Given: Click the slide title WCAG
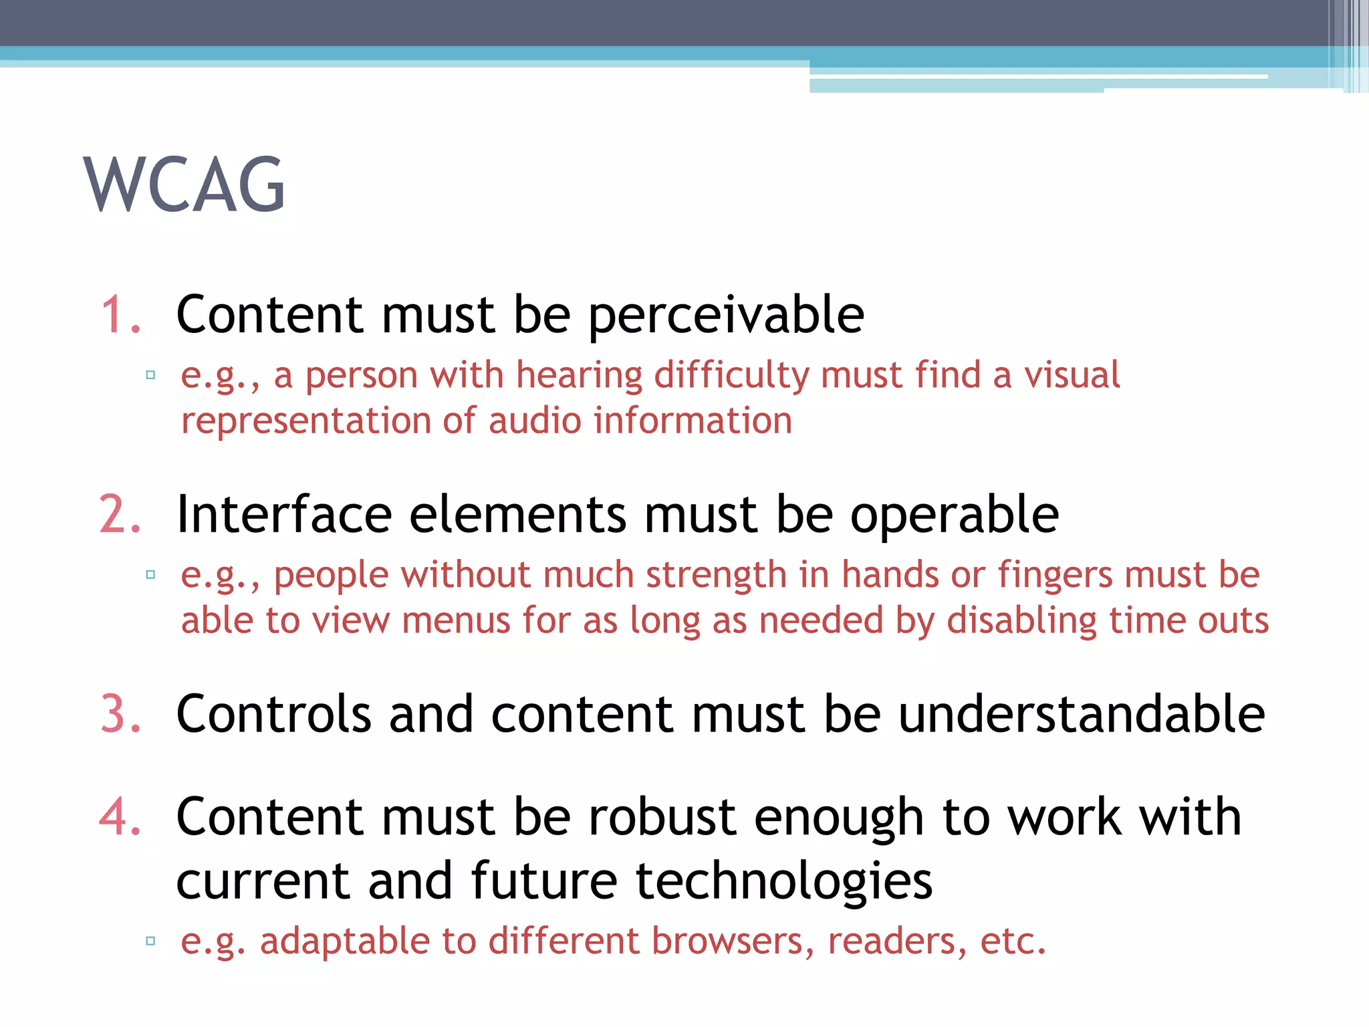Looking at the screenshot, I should pos(184,185).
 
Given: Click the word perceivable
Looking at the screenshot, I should pos(726,316).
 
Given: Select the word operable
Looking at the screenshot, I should pos(954,516).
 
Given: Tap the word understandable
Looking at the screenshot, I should pos(1081,714).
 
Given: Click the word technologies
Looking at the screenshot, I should pos(783,881).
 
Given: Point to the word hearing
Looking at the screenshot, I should pos(579,376).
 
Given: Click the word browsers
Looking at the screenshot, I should pos(733,941).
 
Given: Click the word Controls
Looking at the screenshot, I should pos(273,714).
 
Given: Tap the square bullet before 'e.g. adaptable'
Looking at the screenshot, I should pos(150,941).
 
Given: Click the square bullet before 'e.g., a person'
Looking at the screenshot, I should pos(150,375).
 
